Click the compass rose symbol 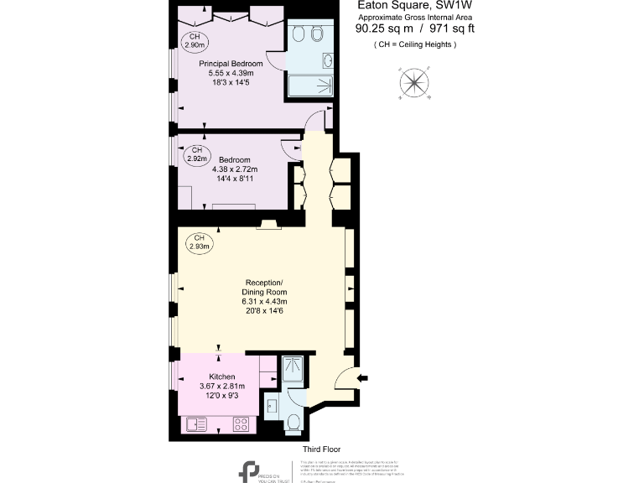tap(413, 82)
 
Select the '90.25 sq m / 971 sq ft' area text tap(415, 29)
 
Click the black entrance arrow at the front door tap(361, 378)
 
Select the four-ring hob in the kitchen tap(240, 424)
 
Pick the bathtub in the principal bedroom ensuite tap(309, 87)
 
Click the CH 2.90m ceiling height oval tap(194, 41)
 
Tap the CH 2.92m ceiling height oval tap(197, 153)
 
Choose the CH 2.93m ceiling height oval tap(199, 242)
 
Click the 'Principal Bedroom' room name tap(231, 64)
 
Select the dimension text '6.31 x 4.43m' tap(264, 301)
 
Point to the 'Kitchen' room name tap(216, 377)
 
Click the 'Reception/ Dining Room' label tap(264, 287)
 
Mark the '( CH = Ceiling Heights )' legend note tap(415, 44)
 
